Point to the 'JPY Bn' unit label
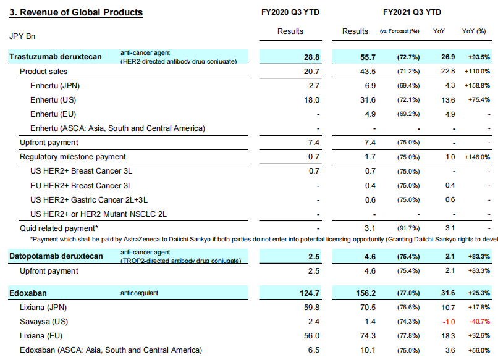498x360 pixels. [23, 36]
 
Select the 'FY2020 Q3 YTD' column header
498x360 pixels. [290, 12]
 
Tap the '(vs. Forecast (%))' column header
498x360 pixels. [399, 31]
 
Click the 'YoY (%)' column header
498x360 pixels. [474, 31]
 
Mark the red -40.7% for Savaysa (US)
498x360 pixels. [478, 322]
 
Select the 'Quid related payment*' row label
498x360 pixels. [60, 229]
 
